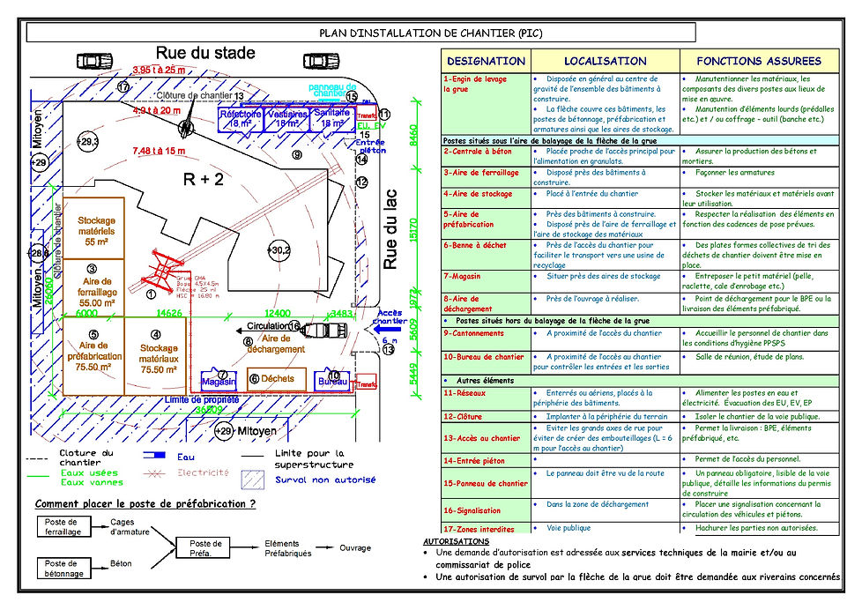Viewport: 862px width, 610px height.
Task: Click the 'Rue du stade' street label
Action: tap(205, 53)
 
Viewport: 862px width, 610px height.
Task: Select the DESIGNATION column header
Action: tap(486, 61)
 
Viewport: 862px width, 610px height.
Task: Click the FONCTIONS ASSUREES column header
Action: tap(759, 61)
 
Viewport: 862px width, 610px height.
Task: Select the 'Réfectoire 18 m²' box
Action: tap(240, 119)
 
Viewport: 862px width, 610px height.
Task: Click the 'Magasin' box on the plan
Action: tap(219, 381)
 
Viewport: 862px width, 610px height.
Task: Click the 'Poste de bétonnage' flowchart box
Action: tap(61, 568)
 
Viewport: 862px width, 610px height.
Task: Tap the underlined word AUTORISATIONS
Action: tap(456, 541)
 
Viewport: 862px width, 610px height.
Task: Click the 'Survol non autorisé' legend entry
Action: tap(324, 480)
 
